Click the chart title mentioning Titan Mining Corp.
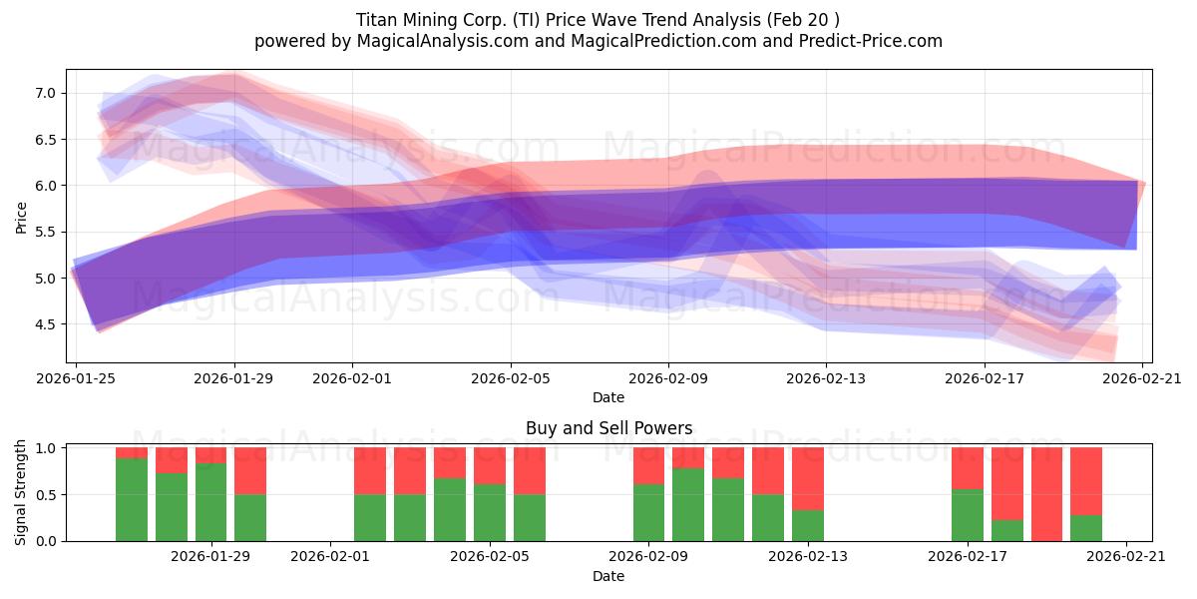pyautogui.click(x=598, y=20)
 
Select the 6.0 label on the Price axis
pyautogui.click(x=45, y=186)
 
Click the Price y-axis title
pyautogui.click(x=21, y=218)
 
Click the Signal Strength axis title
pyautogui.click(x=20, y=492)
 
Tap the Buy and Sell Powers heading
pyautogui.click(x=608, y=428)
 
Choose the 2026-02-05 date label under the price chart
pyautogui.click(x=511, y=378)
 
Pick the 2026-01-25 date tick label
pyautogui.click(x=76, y=378)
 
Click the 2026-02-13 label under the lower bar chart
pyautogui.click(x=807, y=557)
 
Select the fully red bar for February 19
pyautogui.click(x=1046, y=494)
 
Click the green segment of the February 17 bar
pyautogui.click(x=968, y=515)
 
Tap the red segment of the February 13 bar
pyautogui.click(x=807, y=478)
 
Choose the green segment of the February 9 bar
pyautogui.click(x=648, y=512)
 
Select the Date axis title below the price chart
pyautogui.click(x=608, y=397)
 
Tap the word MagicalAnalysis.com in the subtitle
pyautogui.click(x=443, y=41)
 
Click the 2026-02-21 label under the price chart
pyautogui.click(x=1142, y=378)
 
